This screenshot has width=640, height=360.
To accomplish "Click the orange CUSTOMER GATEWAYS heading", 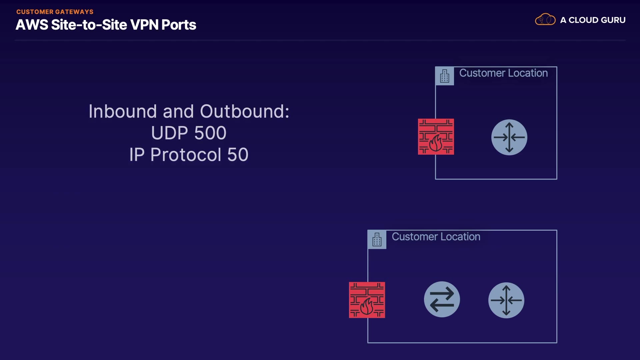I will pyautogui.click(x=55, y=12).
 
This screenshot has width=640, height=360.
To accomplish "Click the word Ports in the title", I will pyautogui.click(x=179, y=25).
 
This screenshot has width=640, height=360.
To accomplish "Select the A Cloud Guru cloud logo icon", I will pyautogui.click(x=545, y=20).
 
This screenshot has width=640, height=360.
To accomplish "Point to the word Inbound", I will pyautogui.click(x=122, y=111).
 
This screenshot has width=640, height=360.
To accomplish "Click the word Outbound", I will pyautogui.click(x=244, y=111).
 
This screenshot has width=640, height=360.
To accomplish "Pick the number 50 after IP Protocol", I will pyautogui.click(x=238, y=155).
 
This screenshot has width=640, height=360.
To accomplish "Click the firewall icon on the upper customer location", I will pyautogui.click(x=436, y=137).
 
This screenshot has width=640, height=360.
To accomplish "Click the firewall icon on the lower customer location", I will pyautogui.click(x=367, y=300).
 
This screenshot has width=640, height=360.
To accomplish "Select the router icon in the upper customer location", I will pyautogui.click(x=509, y=137).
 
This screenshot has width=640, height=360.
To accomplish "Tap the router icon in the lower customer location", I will pyautogui.click(x=506, y=300).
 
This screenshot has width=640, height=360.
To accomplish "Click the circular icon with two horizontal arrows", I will pyautogui.click(x=442, y=299).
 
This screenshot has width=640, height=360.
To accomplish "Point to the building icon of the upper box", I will pyautogui.click(x=445, y=76).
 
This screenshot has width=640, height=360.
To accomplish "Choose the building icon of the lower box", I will pyautogui.click(x=377, y=239).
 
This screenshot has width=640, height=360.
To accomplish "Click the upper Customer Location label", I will pyautogui.click(x=503, y=73).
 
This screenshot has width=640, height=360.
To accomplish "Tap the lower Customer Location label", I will pyautogui.click(x=436, y=237).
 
